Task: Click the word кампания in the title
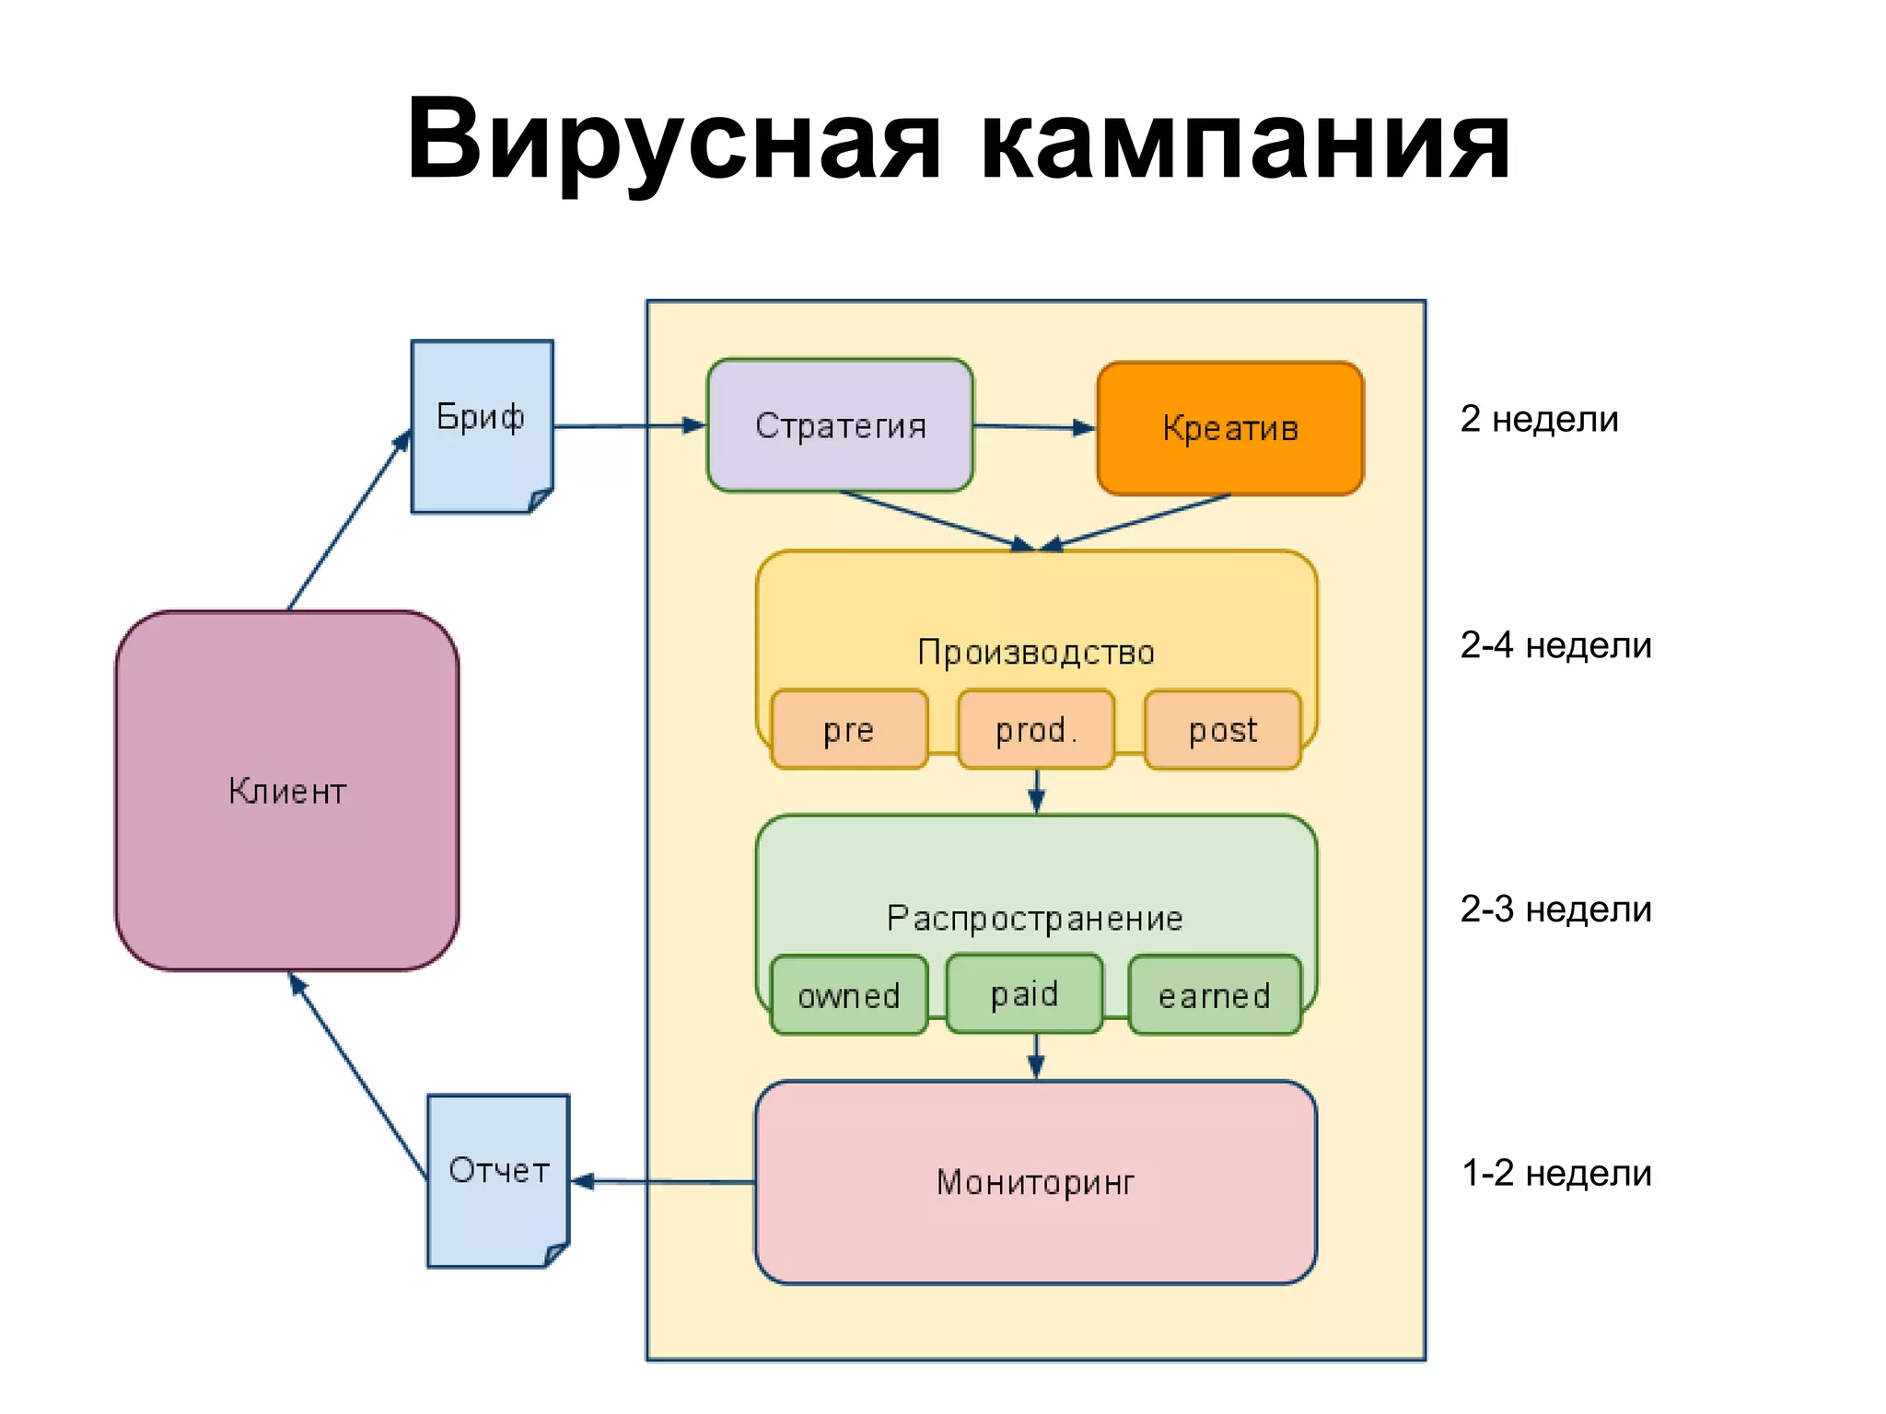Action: coord(1243,141)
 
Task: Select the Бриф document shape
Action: coord(482,425)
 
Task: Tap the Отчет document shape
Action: coord(498,1179)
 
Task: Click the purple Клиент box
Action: coord(287,790)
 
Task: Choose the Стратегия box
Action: coord(840,425)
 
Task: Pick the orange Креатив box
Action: coord(1230,428)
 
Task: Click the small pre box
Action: coord(849,729)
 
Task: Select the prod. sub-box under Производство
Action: coord(1036,729)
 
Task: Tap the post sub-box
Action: coord(1223,729)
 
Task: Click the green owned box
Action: coord(849,995)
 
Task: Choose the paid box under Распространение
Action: coord(1024,993)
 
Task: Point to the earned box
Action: coord(1215,995)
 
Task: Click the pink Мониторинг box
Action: coord(1035,1182)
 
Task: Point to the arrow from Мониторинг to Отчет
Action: coord(663,1181)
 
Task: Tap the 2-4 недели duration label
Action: coord(1555,645)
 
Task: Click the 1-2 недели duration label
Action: coord(1556,1173)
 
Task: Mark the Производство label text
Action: coord(1036,652)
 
